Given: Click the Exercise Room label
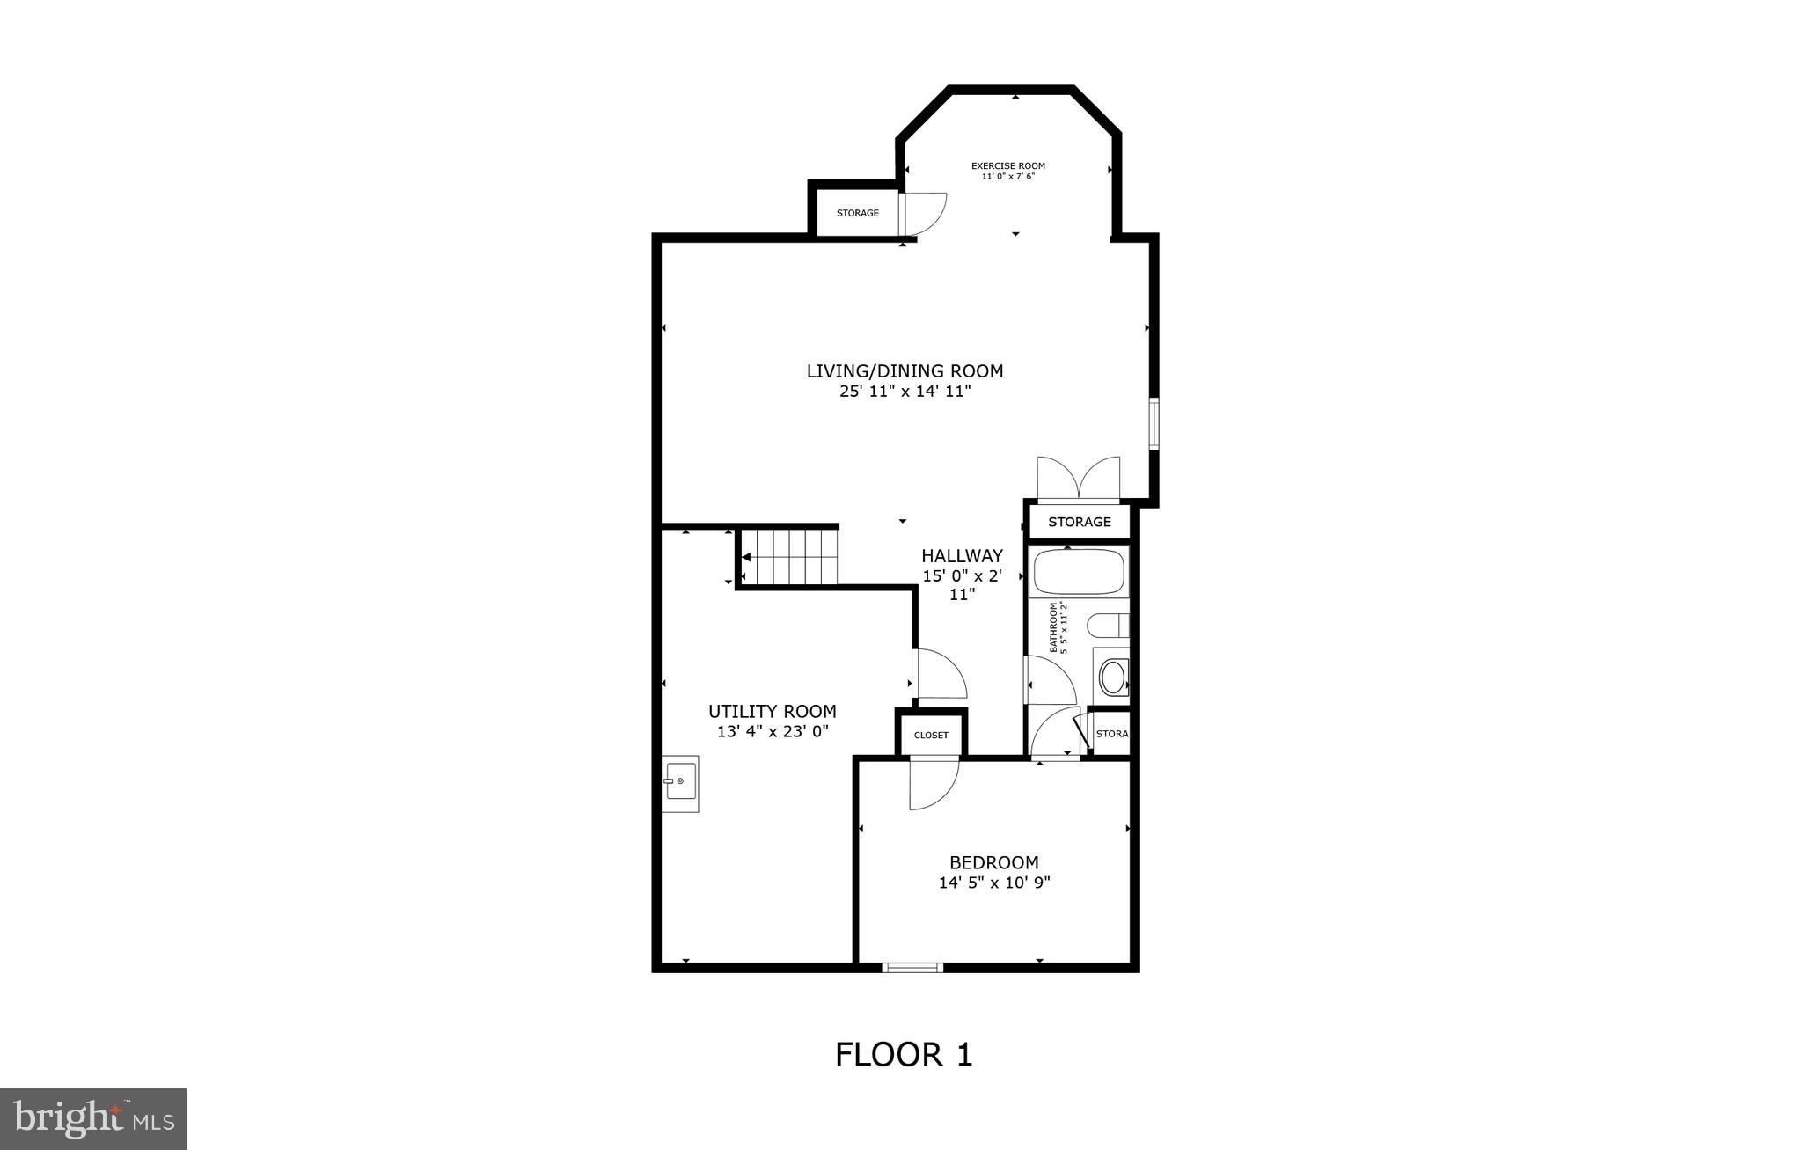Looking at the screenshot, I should [1007, 165].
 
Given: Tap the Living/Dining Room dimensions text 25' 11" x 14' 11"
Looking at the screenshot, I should [905, 392].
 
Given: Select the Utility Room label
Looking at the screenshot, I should [772, 711].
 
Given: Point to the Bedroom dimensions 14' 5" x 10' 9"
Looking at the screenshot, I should [994, 883].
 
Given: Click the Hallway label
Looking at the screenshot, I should [962, 556].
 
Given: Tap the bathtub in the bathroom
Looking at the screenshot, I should [1079, 572].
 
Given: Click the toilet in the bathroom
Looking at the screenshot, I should [1109, 626].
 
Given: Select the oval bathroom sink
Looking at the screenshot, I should [1113, 678].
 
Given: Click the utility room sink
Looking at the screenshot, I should [680, 782].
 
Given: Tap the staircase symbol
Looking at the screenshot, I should [790, 556].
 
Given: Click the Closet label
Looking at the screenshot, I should [931, 735].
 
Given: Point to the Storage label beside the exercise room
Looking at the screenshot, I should [857, 213].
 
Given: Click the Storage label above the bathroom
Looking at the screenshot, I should [1079, 522].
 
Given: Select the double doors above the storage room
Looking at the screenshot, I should [1079, 480].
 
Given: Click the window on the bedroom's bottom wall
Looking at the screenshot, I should [912, 967].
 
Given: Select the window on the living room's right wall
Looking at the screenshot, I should [1153, 424].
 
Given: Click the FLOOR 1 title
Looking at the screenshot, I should [904, 1054].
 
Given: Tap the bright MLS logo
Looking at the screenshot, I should [93, 1118].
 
